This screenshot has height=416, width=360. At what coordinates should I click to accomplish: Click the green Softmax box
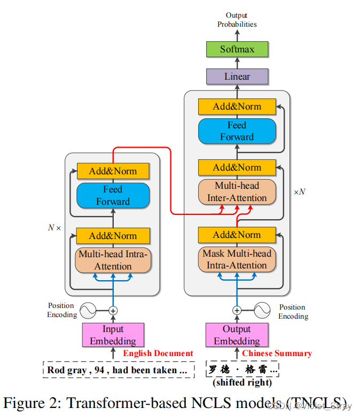point(237,49)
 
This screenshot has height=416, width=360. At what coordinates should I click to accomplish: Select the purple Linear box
point(237,76)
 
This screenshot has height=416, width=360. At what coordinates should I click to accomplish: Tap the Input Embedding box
point(113,335)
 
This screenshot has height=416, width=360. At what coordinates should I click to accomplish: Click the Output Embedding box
point(237,335)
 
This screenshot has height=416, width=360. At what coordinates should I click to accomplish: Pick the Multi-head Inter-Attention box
point(237,192)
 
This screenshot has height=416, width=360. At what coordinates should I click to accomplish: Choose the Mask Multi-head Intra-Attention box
point(237,259)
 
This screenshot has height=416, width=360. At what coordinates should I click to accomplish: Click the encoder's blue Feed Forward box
point(113,196)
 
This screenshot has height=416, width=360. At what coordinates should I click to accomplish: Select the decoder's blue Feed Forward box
point(237,131)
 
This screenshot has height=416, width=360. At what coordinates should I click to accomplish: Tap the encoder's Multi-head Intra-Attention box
point(113,260)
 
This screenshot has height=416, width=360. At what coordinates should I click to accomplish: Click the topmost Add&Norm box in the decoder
point(237,106)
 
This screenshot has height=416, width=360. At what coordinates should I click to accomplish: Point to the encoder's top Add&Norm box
point(113,171)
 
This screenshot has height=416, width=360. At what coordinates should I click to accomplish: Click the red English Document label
point(158,353)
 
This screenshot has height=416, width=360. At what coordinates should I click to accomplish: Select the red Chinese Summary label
point(277,353)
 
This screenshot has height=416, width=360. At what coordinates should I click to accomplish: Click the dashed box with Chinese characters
point(243,369)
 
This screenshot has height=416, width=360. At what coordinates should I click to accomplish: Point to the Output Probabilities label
point(237,20)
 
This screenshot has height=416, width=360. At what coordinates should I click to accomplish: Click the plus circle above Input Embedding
point(113,310)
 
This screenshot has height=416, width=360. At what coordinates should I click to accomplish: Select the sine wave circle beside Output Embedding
point(262,310)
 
